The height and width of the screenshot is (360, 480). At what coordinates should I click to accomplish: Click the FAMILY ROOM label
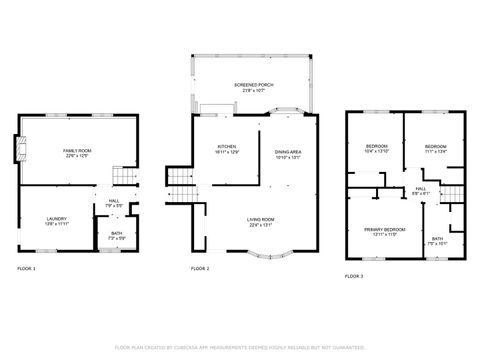tap(77, 151)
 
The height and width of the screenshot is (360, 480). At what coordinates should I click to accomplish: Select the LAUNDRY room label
tap(56, 221)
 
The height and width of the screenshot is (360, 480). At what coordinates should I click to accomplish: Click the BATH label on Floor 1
tap(115, 235)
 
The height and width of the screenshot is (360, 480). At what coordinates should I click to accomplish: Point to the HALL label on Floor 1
tap(114, 202)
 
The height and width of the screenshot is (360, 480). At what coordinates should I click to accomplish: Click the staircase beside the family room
tap(122, 175)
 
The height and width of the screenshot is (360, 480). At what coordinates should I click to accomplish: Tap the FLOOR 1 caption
tap(26, 269)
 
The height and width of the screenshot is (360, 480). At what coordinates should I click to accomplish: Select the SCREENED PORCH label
tap(248, 87)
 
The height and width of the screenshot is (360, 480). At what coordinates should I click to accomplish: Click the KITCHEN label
tap(227, 149)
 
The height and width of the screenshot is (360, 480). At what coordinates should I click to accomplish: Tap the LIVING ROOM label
tap(262, 221)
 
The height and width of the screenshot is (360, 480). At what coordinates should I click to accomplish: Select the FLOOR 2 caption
tap(200, 269)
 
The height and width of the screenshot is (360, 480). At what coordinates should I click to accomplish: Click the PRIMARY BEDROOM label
tap(378, 231)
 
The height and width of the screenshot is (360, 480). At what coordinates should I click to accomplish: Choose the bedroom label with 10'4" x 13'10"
tap(376, 149)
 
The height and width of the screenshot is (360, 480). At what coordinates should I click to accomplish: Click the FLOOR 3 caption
tap(354, 275)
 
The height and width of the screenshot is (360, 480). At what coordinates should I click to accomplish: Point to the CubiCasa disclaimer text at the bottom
tap(240, 347)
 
